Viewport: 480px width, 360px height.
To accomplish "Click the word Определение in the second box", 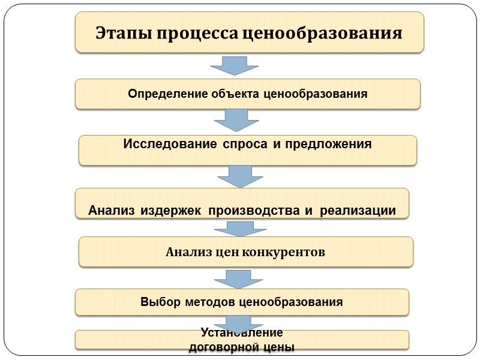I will (x=164, y=94).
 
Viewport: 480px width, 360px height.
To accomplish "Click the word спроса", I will (x=241, y=144).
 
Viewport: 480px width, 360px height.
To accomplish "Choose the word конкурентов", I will (x=284, y=253).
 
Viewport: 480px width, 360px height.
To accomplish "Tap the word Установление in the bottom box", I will (x=242, y=333).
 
